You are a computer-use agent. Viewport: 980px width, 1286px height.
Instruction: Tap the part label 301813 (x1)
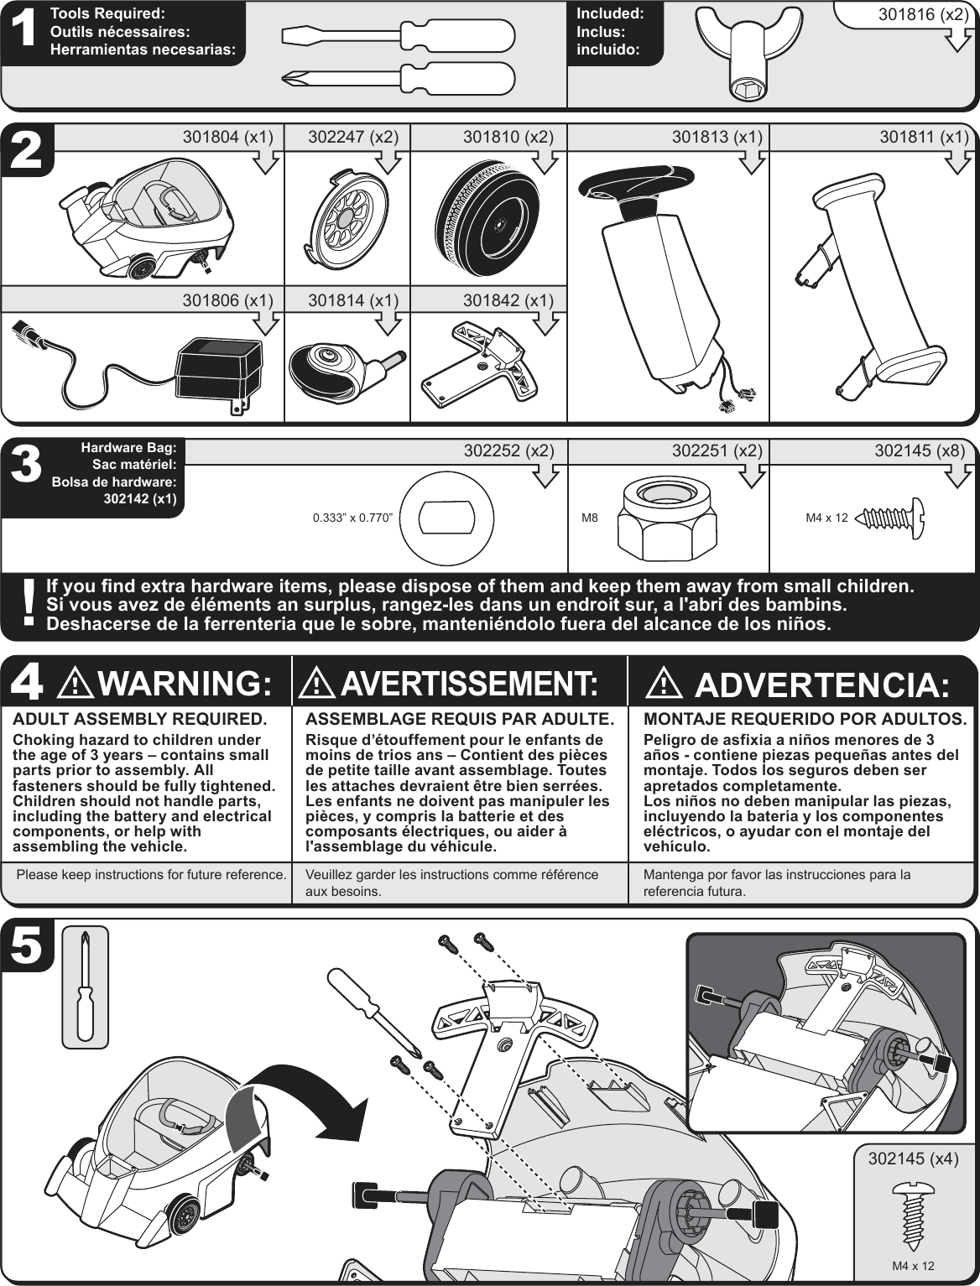(717, 138)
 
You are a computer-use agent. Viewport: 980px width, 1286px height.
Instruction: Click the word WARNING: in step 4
(185, 685)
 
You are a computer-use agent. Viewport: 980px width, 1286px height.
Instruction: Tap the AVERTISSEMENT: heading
(466, 685)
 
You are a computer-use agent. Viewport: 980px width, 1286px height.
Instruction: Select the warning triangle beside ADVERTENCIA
(665, 685)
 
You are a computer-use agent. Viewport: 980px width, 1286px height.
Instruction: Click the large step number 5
(28, 945)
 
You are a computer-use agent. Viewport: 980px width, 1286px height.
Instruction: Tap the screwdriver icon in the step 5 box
(84, 987)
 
